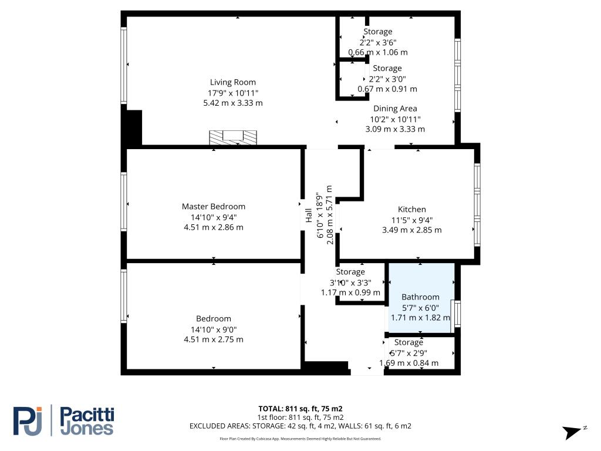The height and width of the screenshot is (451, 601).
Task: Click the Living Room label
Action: coord(232,82)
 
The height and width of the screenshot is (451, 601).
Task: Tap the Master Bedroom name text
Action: coord(214,206)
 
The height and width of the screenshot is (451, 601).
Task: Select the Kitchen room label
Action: coord(411,210)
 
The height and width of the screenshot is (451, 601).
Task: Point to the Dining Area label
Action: coord(395,109)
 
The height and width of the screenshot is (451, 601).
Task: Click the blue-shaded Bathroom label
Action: coord(420,297)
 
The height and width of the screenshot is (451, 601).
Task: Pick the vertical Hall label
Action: coord(309,216)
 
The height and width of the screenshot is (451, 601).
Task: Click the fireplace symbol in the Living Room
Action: coord(233,137)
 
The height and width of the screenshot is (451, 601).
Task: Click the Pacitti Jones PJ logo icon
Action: coord(27,420)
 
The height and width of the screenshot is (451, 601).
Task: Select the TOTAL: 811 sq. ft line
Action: coord(300,409)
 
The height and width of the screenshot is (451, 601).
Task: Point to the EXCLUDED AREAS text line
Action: coord(300,426)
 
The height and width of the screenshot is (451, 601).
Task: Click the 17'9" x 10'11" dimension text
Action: coord(233,93)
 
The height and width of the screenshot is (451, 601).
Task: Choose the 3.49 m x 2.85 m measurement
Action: coord(411,230)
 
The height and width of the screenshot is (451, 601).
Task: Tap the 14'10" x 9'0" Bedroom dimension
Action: coord(214,329)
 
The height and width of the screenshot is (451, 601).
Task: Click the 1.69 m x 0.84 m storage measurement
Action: coord(409,363)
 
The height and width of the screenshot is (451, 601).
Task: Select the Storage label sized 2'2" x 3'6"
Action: coord(378,32)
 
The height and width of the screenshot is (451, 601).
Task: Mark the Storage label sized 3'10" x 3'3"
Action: coord(350,272)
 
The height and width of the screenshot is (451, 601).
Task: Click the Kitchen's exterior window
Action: coord(477,205)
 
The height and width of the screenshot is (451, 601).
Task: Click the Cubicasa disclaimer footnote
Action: coord(300,439)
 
